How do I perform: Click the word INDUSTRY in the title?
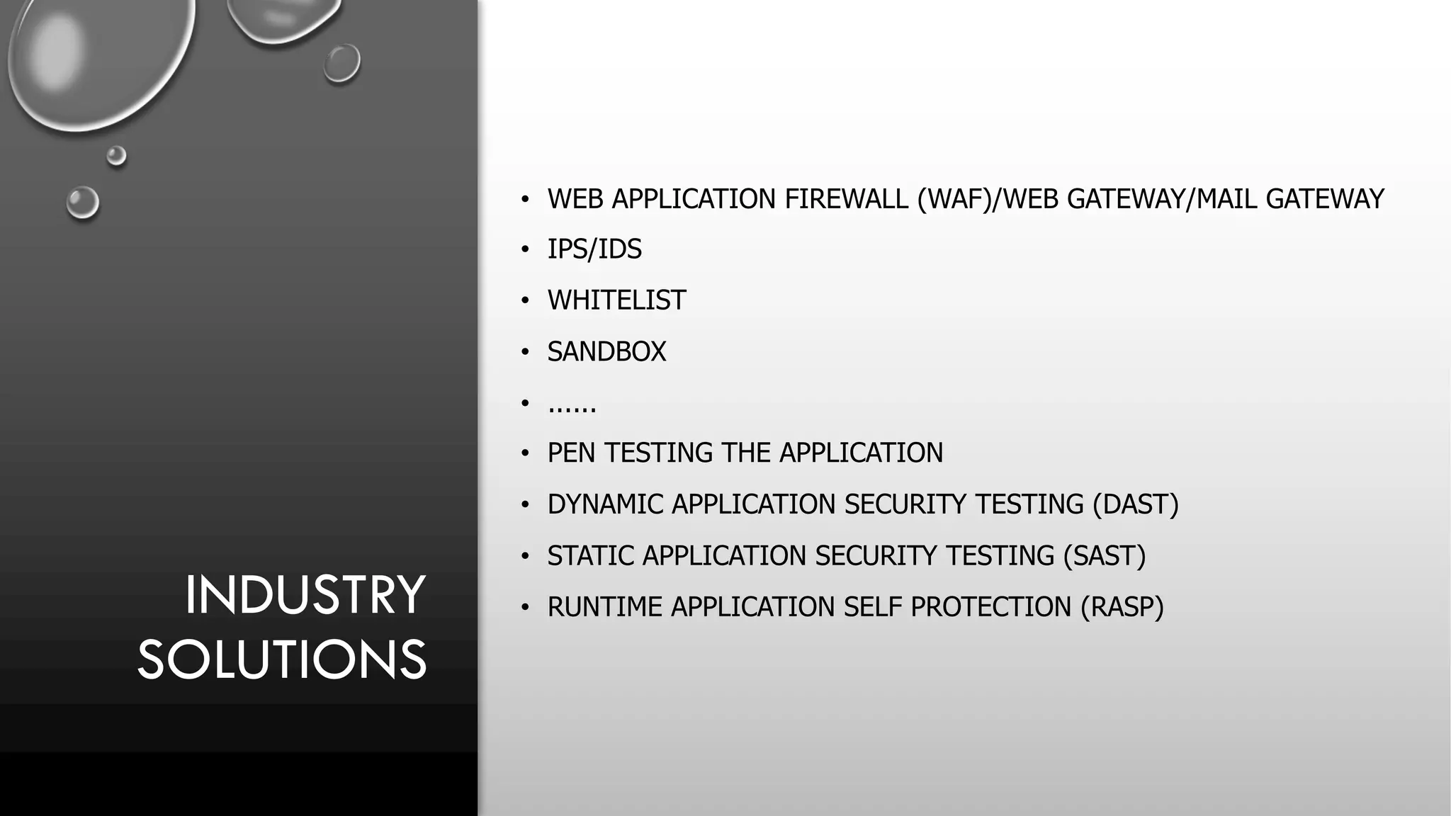point(305,595)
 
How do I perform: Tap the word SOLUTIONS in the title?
point(282,659)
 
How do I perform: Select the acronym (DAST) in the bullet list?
point(1135,504)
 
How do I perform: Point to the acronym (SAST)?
point(1104,556)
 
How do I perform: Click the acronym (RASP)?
point(1122,607)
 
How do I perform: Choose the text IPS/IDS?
point(594,249)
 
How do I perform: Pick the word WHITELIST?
point(616,300)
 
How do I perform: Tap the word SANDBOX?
point(606,352)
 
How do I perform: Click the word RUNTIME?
point(605,607)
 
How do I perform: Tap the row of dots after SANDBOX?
point(572,407)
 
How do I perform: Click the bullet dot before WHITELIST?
point(525,300)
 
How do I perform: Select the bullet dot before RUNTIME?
point(525,607)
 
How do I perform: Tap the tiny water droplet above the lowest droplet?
point(116,155)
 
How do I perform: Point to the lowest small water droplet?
point(83,203)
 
